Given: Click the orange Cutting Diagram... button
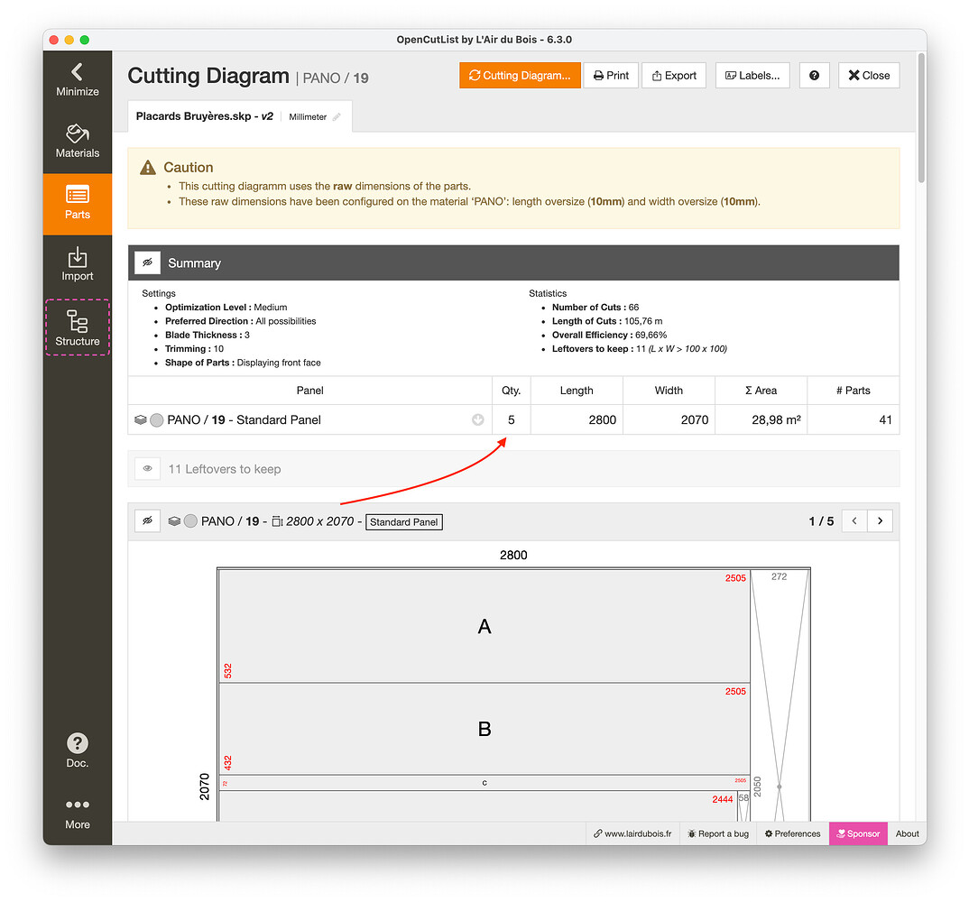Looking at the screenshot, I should tap(520, 76).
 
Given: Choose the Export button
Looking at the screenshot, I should tap(673, 76).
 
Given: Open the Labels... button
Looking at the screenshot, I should tap(752, 76).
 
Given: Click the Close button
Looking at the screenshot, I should tap(869, 76).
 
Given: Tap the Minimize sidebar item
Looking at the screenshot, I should tap(78, 79).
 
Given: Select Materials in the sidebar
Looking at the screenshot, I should tap(78, 141).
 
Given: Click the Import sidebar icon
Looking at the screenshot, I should tap(78, 264).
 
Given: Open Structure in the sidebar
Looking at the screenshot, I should tap(78, 327).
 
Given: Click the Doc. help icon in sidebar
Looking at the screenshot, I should tap(78, 750).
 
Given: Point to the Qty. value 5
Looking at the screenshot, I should tap(512, 419).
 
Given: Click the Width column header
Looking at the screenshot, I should tap(669, 391).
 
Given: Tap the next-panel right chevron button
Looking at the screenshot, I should tap(880, 521).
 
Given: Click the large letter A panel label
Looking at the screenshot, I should tap(484, 627).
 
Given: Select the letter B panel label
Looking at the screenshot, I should tap(484, 729).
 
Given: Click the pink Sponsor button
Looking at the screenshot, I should tap(857, 833).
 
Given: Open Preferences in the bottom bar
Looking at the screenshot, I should tap(792, 833).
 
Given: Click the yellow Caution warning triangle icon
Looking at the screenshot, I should tap(148, 168).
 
